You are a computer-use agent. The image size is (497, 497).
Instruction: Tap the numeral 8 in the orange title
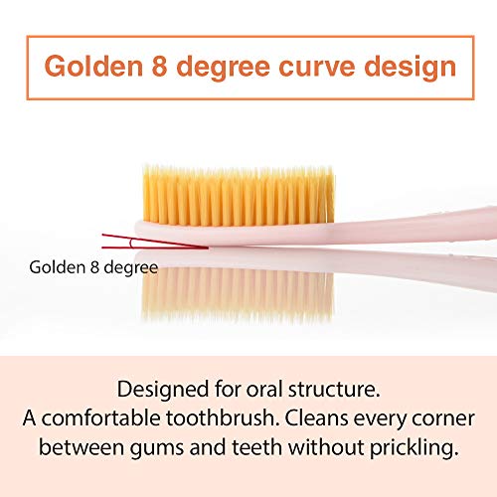(x=157, y=67)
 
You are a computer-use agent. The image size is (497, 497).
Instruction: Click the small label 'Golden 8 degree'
(x=93, y=267)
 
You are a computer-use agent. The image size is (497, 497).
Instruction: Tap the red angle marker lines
(x=154, y=241)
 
